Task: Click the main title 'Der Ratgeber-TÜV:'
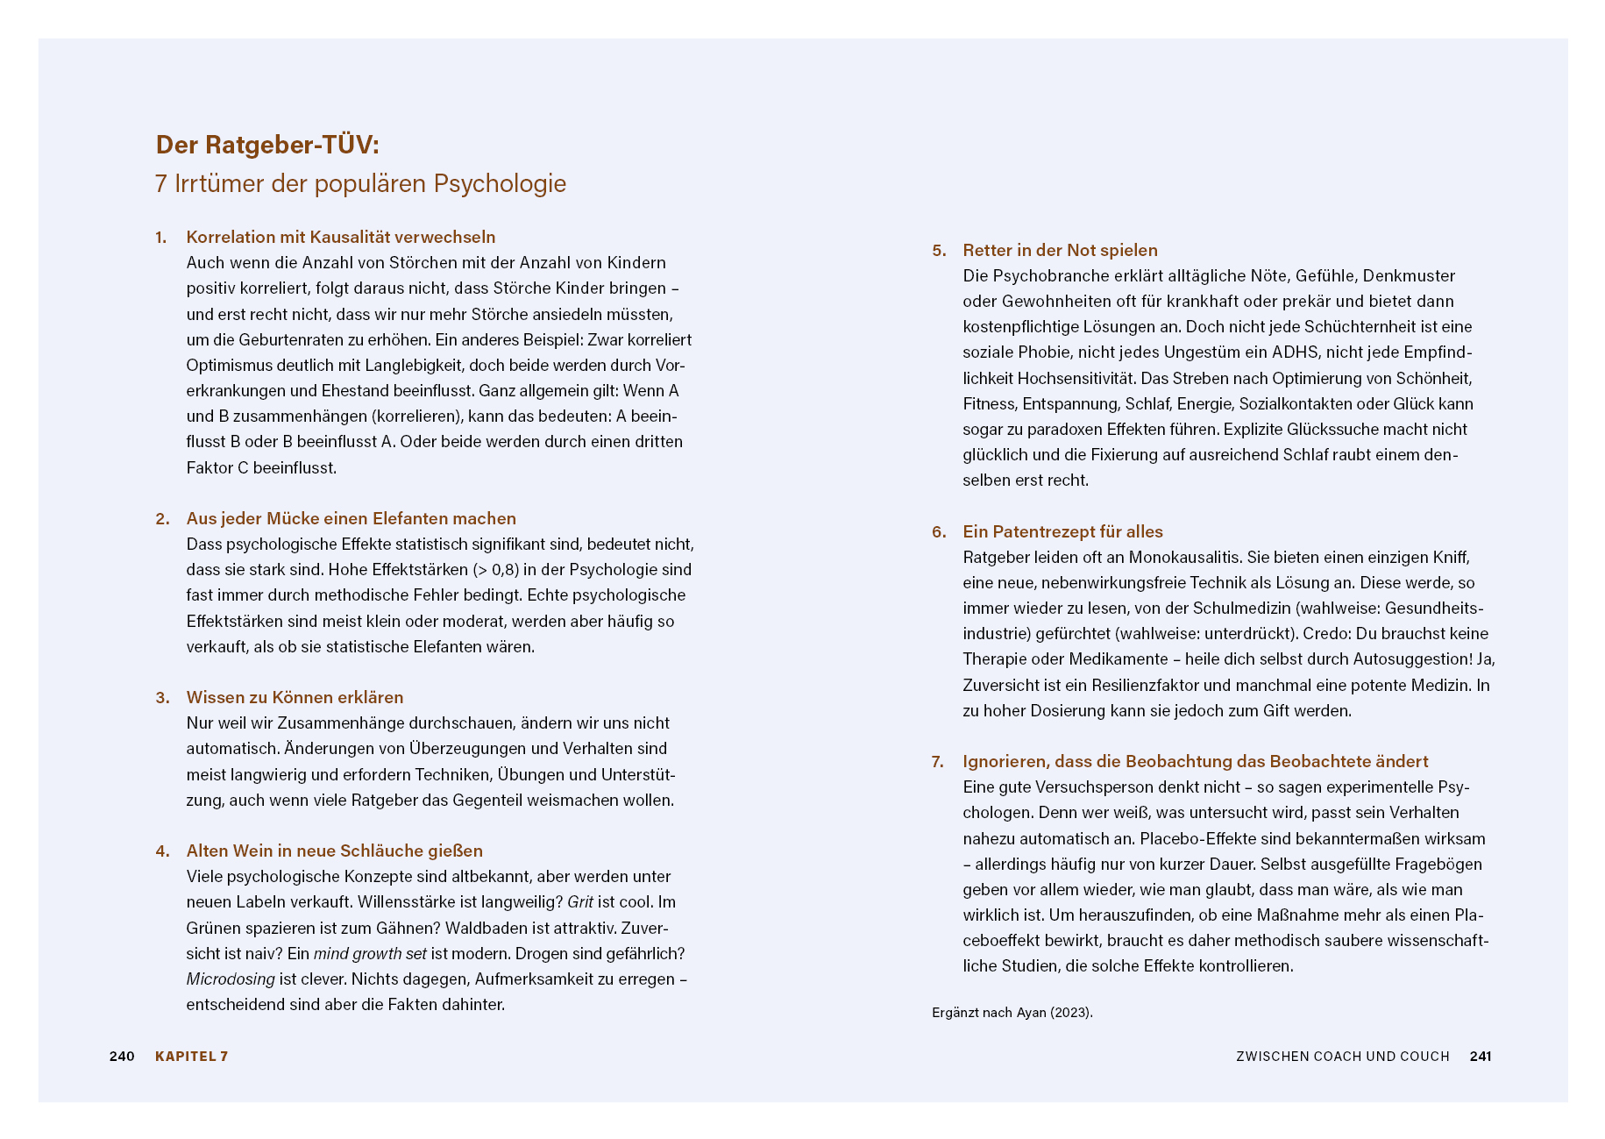coord(267,145)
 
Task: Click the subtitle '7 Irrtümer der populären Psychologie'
coord(360,184)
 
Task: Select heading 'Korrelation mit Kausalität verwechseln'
coord(341,238)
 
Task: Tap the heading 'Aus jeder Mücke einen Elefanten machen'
coord(351,519)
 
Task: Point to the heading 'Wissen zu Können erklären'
coord(295,698)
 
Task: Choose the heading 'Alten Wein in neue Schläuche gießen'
coord(334,851)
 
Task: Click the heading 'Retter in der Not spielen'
coord(1060,251)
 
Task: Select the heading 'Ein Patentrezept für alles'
coord(1062,532)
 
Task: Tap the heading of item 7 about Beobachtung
coord(1195,762)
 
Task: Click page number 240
coord(122,1057)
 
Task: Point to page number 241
coord(1481,1057)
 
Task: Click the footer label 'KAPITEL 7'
coord(191,1057)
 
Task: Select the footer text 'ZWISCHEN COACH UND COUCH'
coord(1342,1057)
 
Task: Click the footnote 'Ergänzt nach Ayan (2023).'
coord(1012,1013)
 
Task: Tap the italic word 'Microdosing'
coord(231,979)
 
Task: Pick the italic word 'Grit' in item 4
coord(580,902)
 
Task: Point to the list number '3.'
coord(162,698)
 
